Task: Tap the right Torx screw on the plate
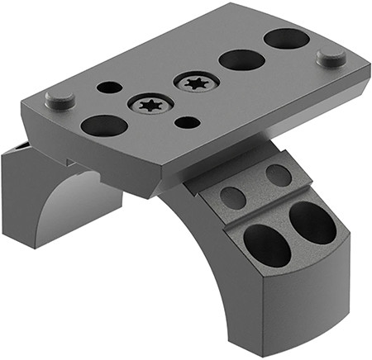[195, 83]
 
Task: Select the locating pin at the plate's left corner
[60, 100]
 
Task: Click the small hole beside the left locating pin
[108, 87]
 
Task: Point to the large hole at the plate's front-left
[104, 126]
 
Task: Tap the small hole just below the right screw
[189, 122]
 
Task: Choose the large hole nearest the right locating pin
[286, 38]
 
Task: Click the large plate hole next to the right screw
[241, 59]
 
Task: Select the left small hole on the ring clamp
[234, 198]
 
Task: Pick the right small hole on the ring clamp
[279, 175]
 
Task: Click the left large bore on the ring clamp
[267, 244]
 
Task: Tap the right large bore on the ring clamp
[312, 221]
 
